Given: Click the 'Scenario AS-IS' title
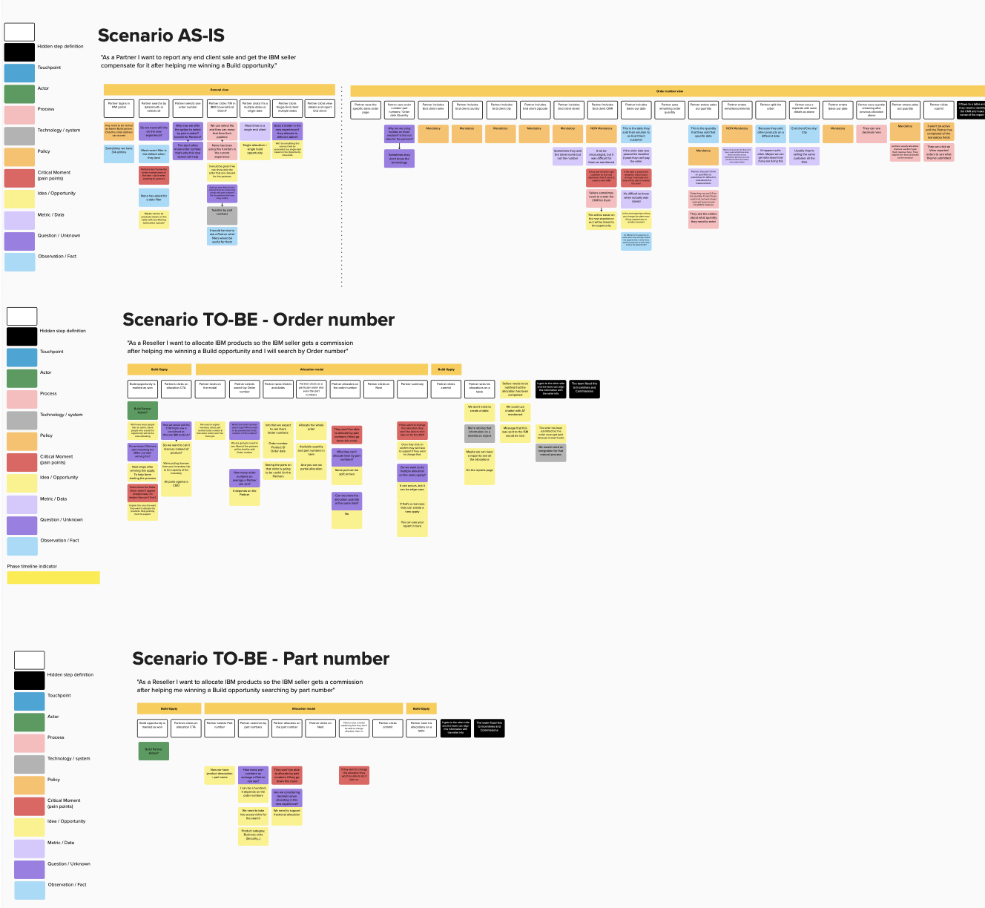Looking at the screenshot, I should [161, 36].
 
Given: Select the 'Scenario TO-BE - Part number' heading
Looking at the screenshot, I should [260, 659].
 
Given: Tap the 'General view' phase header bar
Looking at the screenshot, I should [219, 90].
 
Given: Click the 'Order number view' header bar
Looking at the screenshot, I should [669, 91].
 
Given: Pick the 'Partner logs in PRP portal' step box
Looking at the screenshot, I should [119, 108].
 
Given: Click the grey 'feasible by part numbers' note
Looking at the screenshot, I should [222, 215].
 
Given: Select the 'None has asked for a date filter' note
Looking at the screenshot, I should [154, 197].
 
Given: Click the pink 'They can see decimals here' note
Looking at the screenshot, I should [872, 132].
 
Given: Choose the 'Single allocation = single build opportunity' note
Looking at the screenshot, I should [255, 151].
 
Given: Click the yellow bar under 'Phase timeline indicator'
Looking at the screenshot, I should [53, 578].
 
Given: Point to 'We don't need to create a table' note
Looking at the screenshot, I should [479, 409].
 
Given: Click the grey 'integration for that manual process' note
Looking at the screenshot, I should [550, 451].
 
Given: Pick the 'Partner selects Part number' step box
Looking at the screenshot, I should [220, 725].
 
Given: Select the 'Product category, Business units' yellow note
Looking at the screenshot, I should [253, 835].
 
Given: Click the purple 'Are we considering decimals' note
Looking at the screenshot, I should [286, 797].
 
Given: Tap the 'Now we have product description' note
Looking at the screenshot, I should [220, 774].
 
